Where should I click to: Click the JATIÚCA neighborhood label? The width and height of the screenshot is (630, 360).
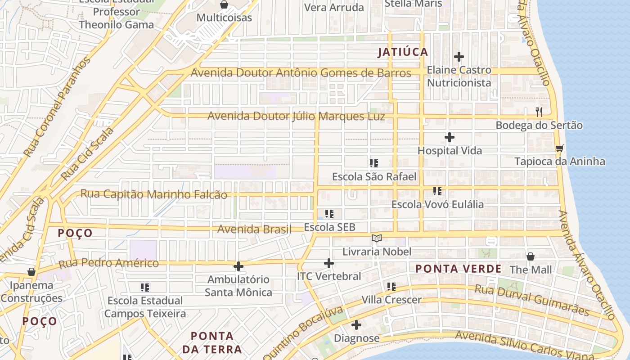click(x=403, y=52)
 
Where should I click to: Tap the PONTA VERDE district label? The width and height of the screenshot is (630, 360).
click(x=458, y=269)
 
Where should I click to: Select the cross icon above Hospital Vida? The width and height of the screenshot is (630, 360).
click(x=449, y=137)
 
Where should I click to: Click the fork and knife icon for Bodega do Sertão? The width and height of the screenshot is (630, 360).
click(x=539, y=112)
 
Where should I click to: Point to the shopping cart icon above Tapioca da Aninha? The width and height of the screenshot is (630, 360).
click(x=559, y=148)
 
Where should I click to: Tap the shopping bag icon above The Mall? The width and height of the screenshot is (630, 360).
click(x=531, y=256)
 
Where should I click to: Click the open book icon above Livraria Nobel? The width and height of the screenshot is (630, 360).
click(x=377, y=238)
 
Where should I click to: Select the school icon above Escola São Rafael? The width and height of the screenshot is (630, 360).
click(x=373, y=163)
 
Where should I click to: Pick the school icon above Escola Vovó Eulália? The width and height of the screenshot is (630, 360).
click(x=437, y=191)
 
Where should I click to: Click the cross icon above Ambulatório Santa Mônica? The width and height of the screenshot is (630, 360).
click(x=238, y=266)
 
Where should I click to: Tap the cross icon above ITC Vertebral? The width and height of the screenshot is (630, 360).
click(x=329, y=263)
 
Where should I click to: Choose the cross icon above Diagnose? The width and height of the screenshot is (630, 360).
click(x=356, y=324)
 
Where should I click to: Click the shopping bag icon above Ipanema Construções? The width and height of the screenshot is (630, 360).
click(x=31, y=272)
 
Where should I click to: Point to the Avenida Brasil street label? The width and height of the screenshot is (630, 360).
click(x=254, y=229)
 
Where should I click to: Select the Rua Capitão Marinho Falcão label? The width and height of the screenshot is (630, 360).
click(x=153, y=194)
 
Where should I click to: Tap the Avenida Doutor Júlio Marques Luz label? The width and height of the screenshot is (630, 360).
click(x=296, y=116)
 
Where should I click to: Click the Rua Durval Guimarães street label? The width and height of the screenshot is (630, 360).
click(x=532, y=300)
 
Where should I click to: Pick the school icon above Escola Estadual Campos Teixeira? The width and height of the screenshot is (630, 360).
click(x=145, y=287)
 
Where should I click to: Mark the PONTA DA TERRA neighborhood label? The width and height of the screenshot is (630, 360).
click(x=212, y=342)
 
